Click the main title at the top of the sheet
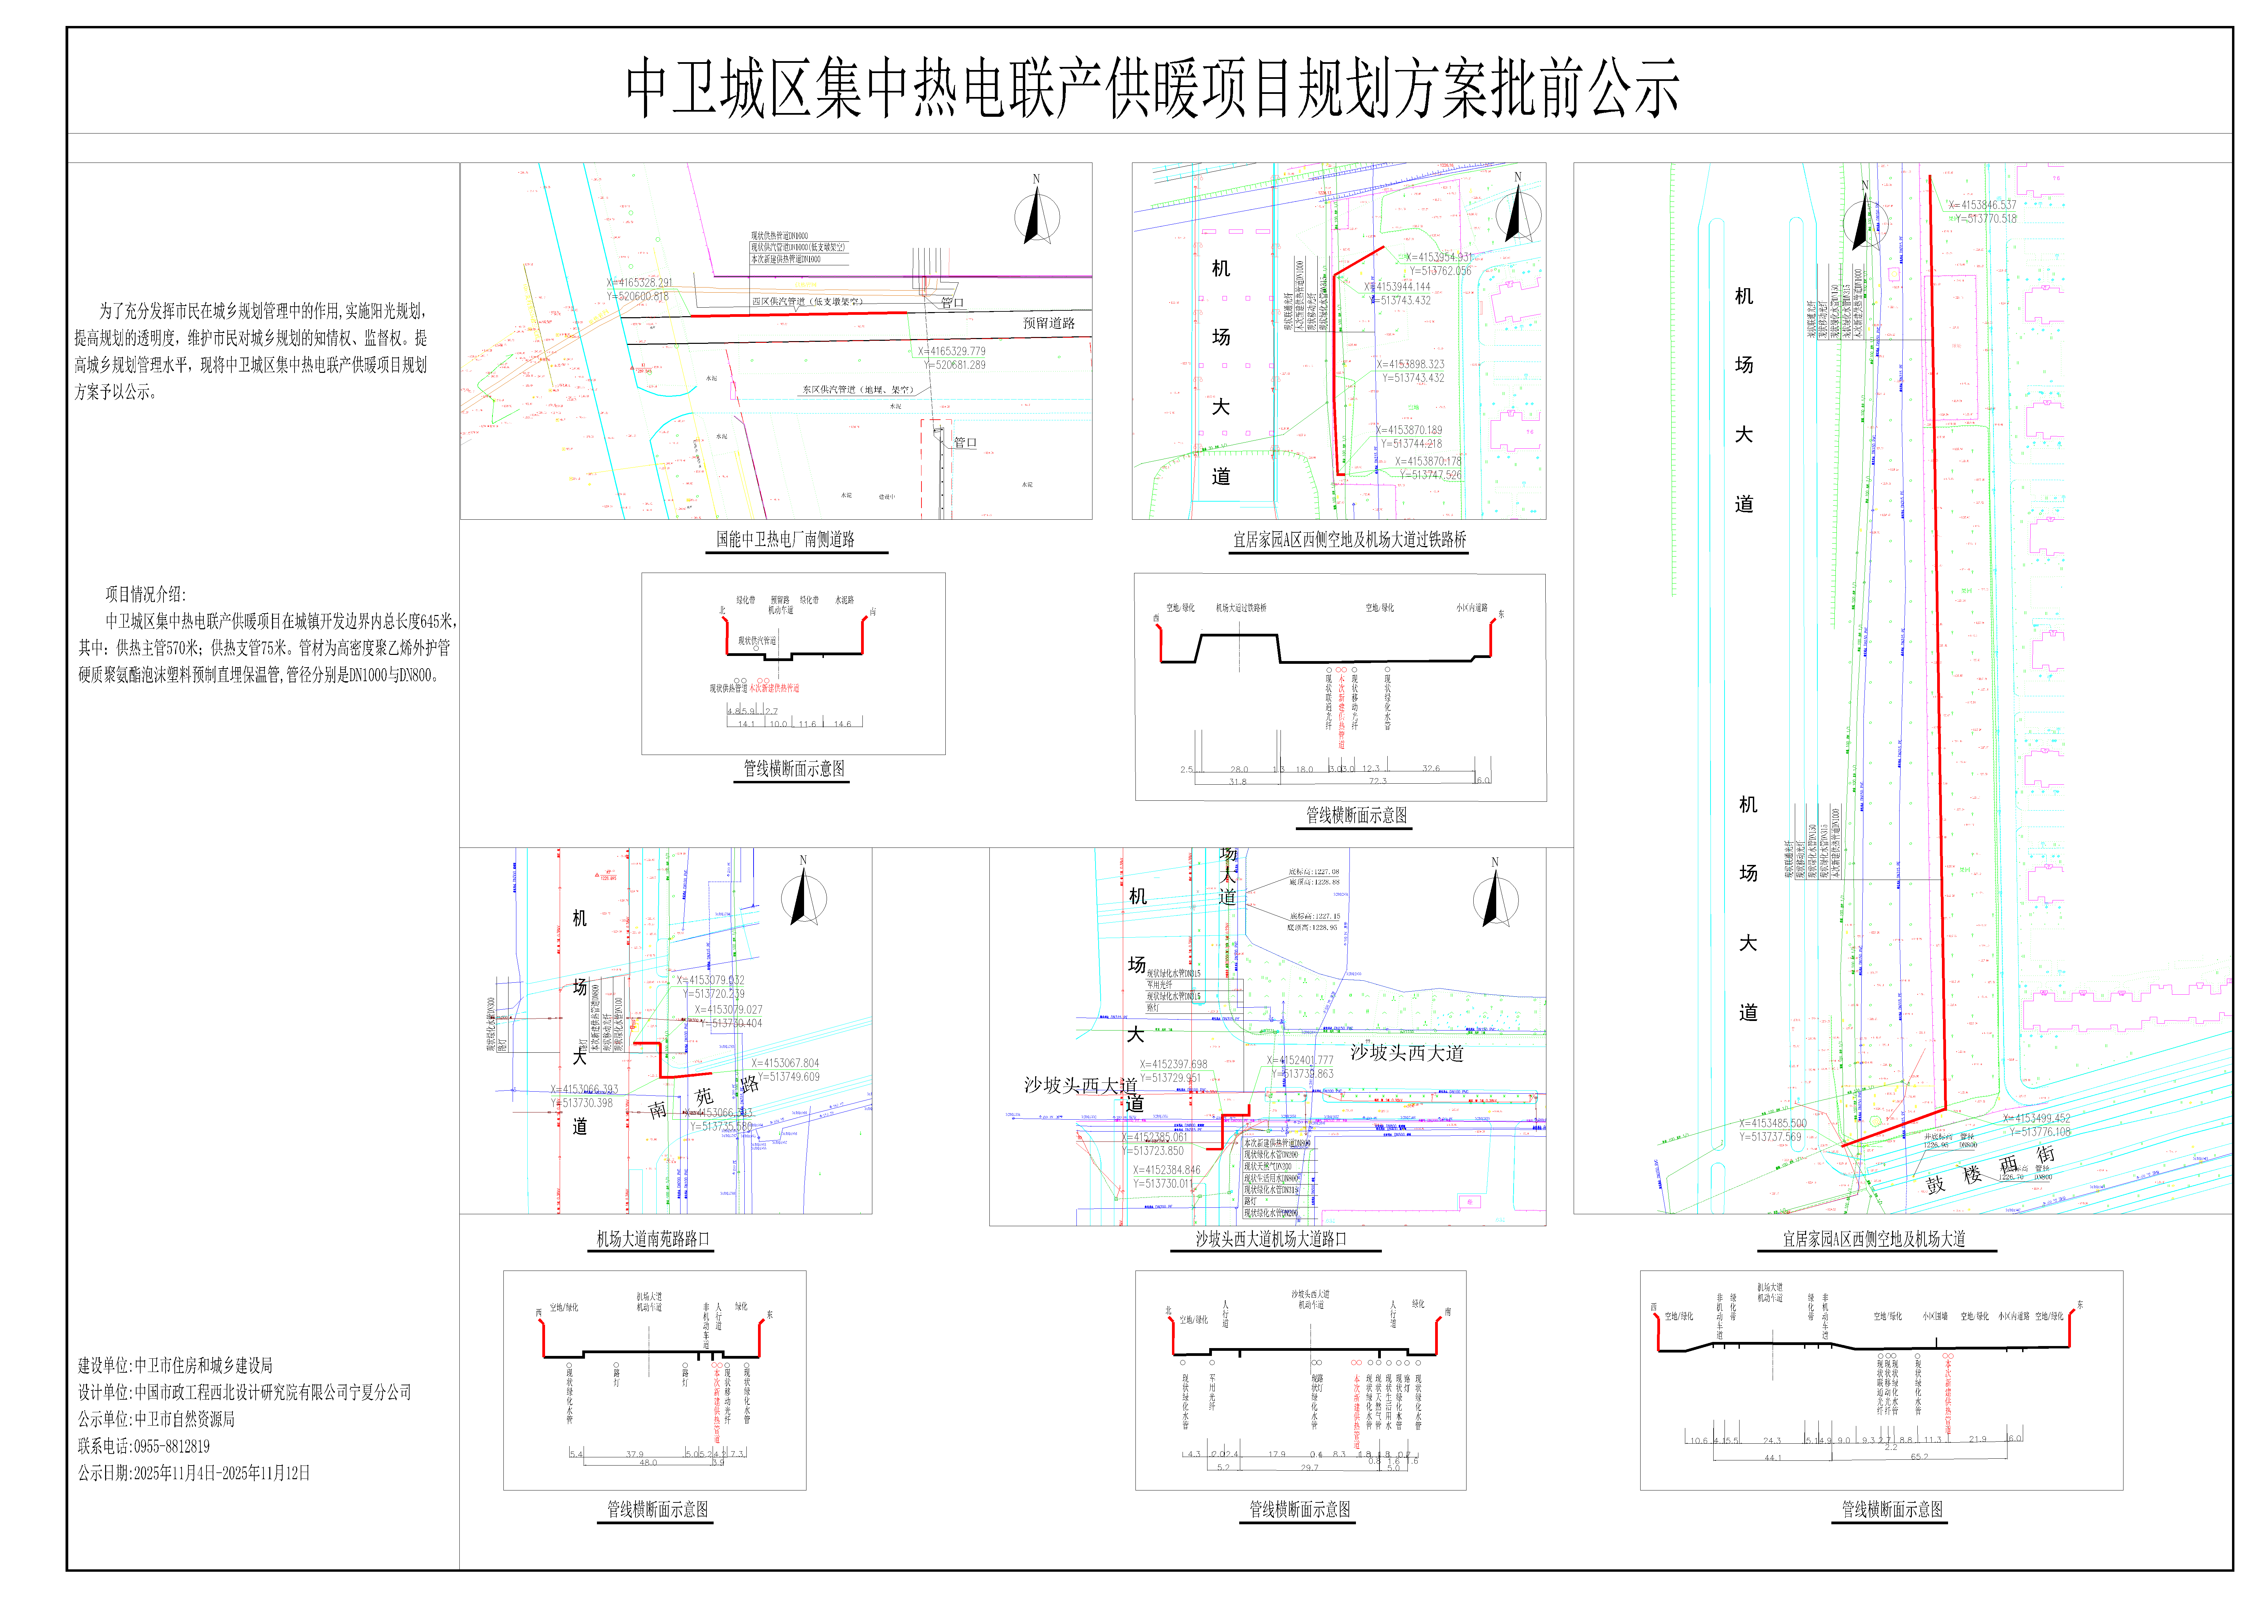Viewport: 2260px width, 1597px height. click(x=1152, y=89)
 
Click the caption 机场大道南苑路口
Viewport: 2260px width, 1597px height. click(x=653, y=1238)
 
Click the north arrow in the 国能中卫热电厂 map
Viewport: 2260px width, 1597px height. click(x=1036, y=216)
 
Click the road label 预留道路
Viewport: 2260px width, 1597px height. click(x=1048, y=323)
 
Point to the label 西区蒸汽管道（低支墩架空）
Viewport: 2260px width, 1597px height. click(x=807, y=301)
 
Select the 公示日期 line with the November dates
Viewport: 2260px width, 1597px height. click(x=194, y=1473)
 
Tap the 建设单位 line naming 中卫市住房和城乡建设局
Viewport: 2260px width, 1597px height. click(x=175, y=1365)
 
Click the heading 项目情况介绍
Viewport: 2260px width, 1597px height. click(x=145, y=594)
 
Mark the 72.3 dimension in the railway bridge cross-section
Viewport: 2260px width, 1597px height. click(x=1377, y=781)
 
